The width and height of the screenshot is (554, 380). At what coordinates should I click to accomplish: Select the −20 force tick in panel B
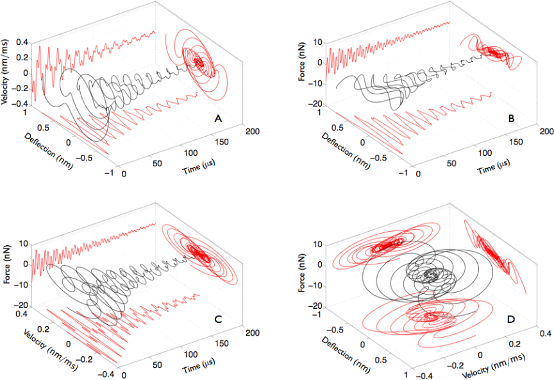tap(314, 104)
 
